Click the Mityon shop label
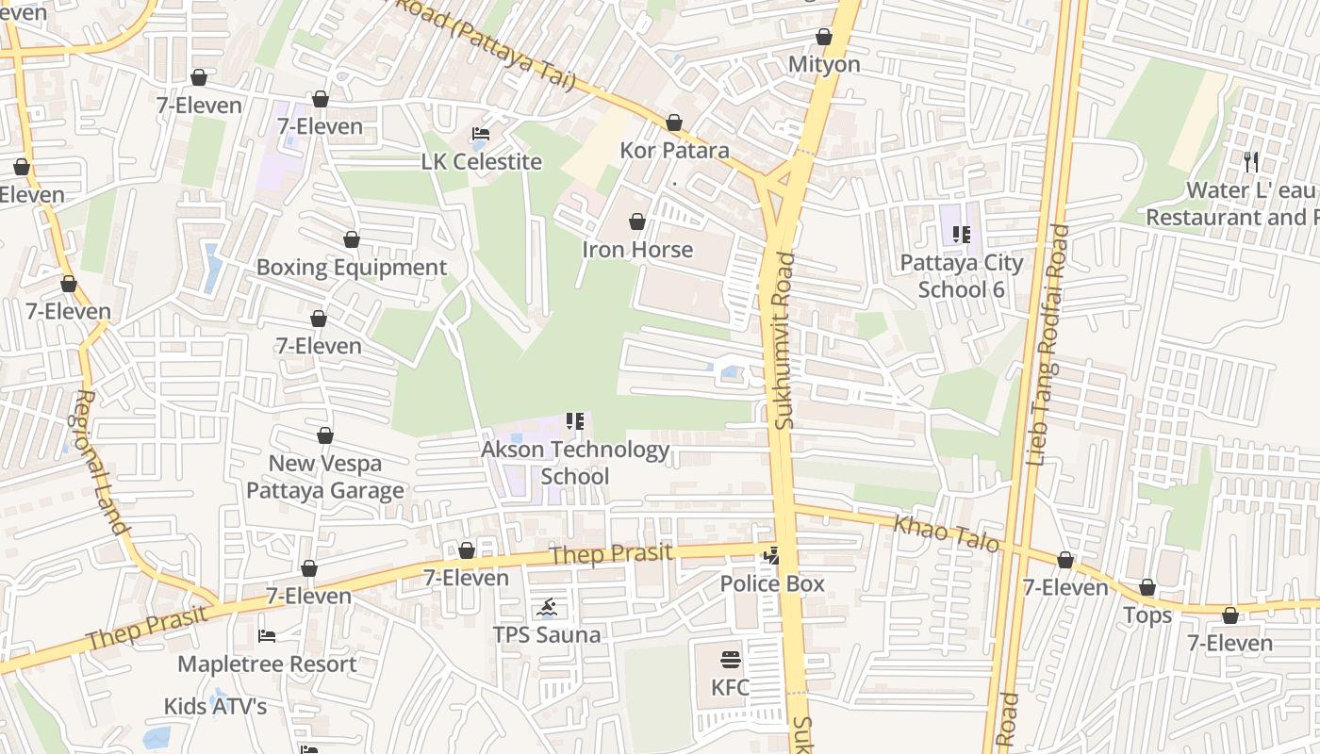pos(824,64)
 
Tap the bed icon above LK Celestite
pos(480,134)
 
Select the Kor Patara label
pos(674,151)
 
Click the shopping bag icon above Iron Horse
pos(637,221)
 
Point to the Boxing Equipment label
pos(351,268)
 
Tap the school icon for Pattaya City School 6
pos(961,235)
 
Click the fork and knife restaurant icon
pos(1251,162)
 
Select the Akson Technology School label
pos(575,463)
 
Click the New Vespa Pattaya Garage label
pos(325,477)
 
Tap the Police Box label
pos(772,584)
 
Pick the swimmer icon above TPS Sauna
pos(547,608)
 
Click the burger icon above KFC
pos(731,660)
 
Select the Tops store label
pos(1147,616)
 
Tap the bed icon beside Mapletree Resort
pos(267,636)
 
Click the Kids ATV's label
pos(215,706)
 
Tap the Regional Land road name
pos(100,462)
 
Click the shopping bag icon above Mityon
pos(824,37)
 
